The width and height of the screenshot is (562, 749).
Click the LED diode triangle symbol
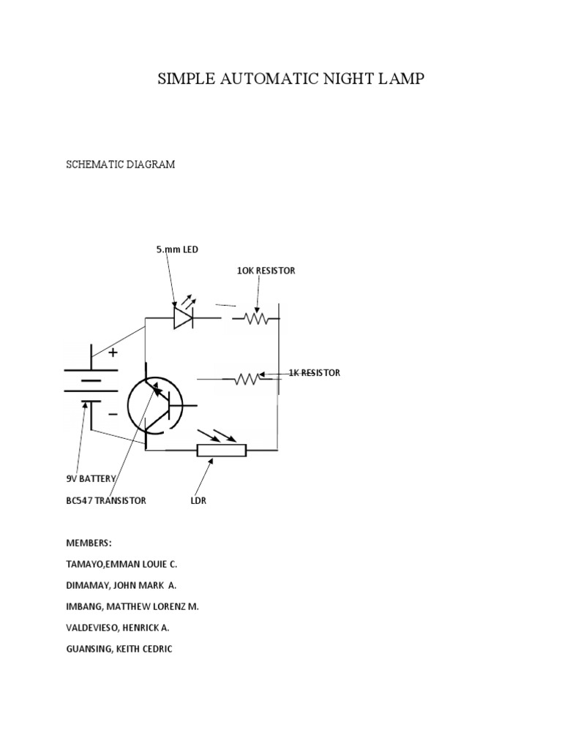pos(182,318)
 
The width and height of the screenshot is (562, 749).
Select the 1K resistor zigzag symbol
pos(247,379)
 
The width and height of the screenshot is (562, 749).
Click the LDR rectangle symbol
pos(221,450)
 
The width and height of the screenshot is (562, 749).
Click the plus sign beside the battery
pos(113,353)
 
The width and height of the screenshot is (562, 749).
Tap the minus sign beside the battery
pos(113,414)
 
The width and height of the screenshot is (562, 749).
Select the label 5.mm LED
pos(176,249)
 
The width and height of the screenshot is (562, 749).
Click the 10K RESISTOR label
pos(266,271)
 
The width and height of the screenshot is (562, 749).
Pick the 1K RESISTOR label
pos(314,373)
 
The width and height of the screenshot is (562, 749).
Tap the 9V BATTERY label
pos(91,478)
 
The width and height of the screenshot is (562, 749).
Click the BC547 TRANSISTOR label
pos(106,501)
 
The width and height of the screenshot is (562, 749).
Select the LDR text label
pos(199,501)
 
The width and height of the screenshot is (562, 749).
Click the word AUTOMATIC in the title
pos(281,79)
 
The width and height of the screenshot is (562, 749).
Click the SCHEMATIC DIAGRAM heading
pos(121,165)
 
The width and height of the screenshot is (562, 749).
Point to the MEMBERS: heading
pos(89,543)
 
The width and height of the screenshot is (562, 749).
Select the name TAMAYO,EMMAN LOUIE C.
pos(121,565)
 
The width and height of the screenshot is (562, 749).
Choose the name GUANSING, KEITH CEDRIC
pos(119,649)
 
